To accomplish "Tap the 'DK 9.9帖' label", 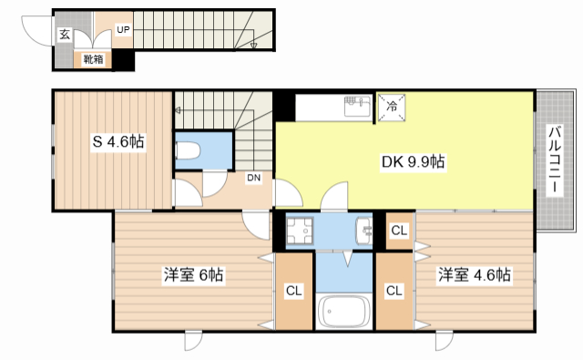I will tap(412, 162).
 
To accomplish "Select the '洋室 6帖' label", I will tap(194, 274).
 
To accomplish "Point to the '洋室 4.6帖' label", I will tap(473, 274).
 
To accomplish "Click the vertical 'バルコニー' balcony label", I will tap(554, 159).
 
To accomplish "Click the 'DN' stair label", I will tap(254, 178).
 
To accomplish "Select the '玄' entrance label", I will tap(65, 35).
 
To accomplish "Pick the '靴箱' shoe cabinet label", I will tap(92, 60).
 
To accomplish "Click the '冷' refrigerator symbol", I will tap(393, 106).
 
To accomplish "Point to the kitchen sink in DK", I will tap(354, 108).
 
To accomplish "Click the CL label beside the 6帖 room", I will tap(292, 292).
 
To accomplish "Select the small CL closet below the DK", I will tap(399, 231).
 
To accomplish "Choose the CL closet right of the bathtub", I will tap(394, 292).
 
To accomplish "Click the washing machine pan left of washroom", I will tap(298, 232).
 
